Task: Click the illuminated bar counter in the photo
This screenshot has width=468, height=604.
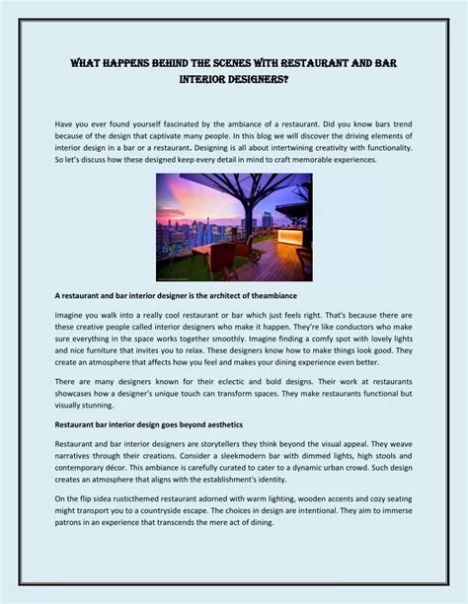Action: tap(292, 237)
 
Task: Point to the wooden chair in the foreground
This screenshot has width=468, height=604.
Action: tap(221, 259)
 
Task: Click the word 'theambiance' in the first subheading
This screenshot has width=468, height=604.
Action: tap(279, 295)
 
